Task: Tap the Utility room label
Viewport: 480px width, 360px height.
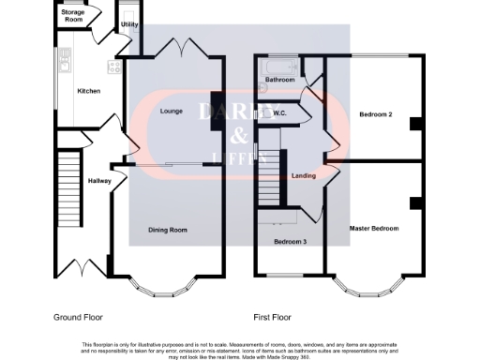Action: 129,23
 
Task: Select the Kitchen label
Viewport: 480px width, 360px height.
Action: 89,91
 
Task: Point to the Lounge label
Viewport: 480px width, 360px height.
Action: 172,112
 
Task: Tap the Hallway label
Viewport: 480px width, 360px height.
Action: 99,180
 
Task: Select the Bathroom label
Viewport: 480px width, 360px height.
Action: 279,81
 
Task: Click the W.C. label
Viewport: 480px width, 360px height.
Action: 279,114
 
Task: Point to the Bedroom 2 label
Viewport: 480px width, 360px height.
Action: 375,114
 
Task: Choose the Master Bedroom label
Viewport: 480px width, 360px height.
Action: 374,228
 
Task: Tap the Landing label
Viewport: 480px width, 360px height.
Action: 304,175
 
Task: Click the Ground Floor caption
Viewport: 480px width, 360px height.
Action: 77,317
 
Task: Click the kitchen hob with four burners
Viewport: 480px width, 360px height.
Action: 116,67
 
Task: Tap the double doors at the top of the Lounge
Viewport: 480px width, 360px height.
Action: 175,47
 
